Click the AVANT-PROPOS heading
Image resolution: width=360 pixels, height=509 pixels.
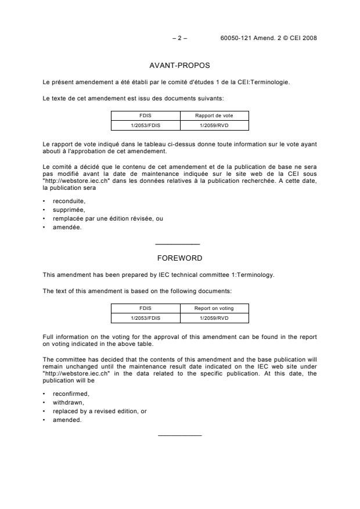(x=179, y=66)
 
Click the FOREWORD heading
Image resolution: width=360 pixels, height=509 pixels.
(x=179, y=258)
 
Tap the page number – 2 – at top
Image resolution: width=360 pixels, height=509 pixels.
(x=179, y=38)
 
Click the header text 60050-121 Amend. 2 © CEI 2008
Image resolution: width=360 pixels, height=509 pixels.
(x=269, y=38)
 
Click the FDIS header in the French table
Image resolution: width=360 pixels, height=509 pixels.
(x=145, y=115)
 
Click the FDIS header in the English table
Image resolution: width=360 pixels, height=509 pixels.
(x=145, y=308)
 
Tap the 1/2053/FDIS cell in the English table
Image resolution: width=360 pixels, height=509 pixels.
(x=145, y=317)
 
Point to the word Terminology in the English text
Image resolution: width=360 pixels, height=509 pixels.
(x=254, y=275)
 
